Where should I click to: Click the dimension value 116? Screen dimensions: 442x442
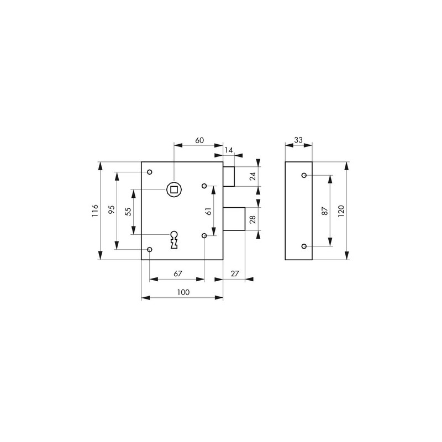tap(95, 211)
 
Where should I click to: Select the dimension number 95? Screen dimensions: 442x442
tap(112, 209)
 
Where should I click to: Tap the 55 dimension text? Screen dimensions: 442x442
tap(128, 212)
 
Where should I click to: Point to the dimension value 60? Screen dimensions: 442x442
tap(199, 140)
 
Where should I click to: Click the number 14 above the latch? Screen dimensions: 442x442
tap(229, 150)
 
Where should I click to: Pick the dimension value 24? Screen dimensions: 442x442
tap(253, 176)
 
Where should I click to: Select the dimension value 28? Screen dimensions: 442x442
tap(253, 219)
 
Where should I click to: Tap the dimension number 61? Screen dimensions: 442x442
tap(209, 211)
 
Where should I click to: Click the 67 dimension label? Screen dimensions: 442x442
tap(178, 273)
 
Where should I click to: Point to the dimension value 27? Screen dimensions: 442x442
tap(235, 273)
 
